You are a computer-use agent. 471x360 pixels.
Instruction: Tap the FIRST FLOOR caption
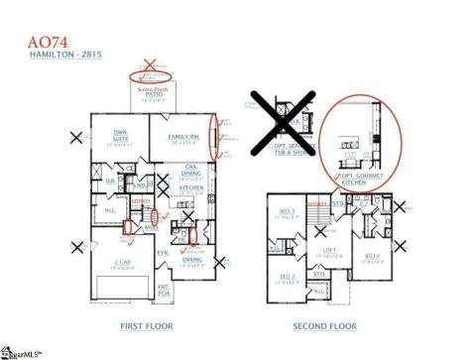point(146,325)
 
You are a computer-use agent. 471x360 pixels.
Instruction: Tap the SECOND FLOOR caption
point(323,325)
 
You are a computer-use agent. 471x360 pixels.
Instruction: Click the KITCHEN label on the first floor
point(191,185)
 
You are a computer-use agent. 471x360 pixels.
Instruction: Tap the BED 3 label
point(286,212)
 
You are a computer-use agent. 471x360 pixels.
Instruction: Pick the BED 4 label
point(371,256)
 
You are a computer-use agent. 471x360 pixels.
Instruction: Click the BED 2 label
point(286,276)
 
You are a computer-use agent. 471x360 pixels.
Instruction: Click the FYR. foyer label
point(164,253)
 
